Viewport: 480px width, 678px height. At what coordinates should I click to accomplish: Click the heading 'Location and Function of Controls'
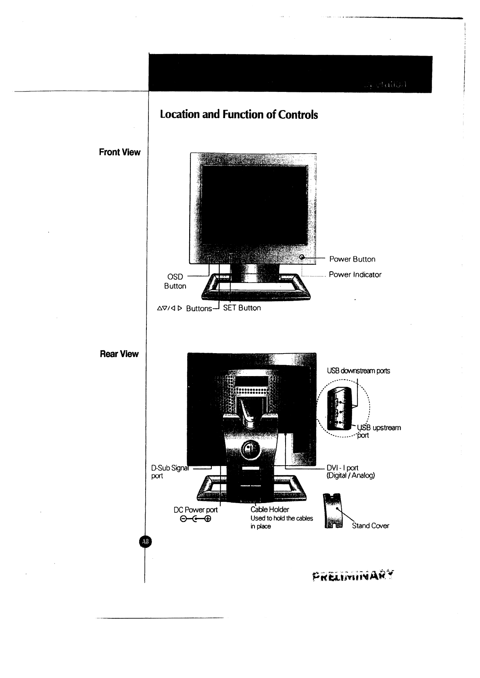[x=239, y=115]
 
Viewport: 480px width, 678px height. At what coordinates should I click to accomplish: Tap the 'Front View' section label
[x=120, y=152]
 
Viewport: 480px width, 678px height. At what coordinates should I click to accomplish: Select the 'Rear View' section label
[x=119, y=354]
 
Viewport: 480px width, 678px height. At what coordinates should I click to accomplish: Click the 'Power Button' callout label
[x=352, y=259]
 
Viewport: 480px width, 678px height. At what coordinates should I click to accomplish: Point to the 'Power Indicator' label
[x=355, y=275]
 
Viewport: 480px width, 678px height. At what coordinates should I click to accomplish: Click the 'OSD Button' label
[x=175, y=281]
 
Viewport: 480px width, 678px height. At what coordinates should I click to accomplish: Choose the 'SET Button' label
[x=242, y=308]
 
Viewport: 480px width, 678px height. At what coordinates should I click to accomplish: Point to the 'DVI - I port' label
[x=351, y=472]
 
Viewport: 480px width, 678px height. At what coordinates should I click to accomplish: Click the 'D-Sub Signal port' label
[x=166, y=472]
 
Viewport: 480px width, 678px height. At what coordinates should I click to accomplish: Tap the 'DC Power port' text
[x=196, y=510]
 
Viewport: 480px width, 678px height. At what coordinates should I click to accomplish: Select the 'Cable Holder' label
[x=269, y=510]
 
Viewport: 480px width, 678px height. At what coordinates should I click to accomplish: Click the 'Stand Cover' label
[x=370, y=526]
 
